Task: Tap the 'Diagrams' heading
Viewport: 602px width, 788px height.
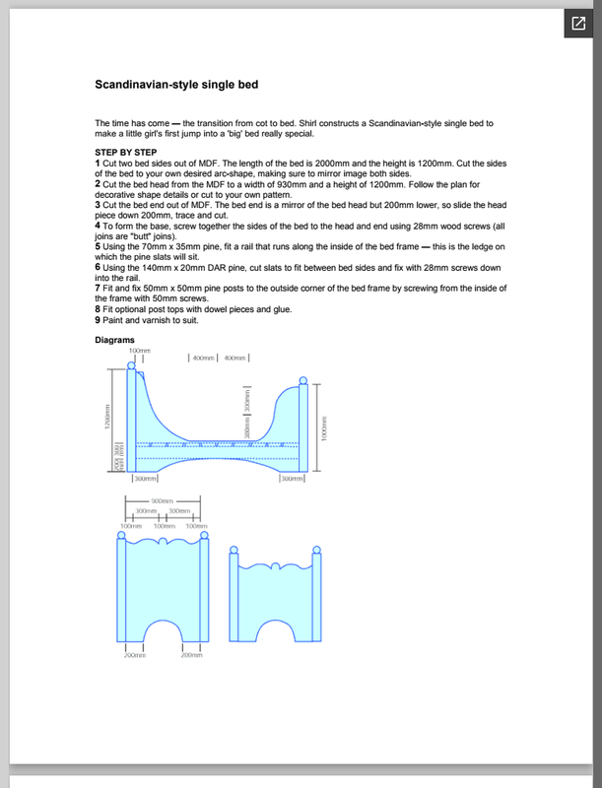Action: pyautogui.click(x=113, y=340)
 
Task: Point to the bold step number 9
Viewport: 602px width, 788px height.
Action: pyautogui.click(x=98, y=319)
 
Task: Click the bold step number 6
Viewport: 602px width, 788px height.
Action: pyautogui.click(x=98, y=267)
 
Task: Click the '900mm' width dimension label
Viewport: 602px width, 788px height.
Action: pyautogui.click(x=164, y=501)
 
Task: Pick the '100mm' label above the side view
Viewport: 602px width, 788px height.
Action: pyautogui.click(x=138, y=351)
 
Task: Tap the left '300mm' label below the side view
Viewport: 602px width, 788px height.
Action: pyautogui.click(x=145, y=480)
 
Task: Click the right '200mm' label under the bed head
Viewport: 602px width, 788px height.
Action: pyautogui.click(x=191, y=655)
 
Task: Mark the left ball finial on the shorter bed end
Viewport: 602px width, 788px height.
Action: pyautogui.click(x=234, y=547)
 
